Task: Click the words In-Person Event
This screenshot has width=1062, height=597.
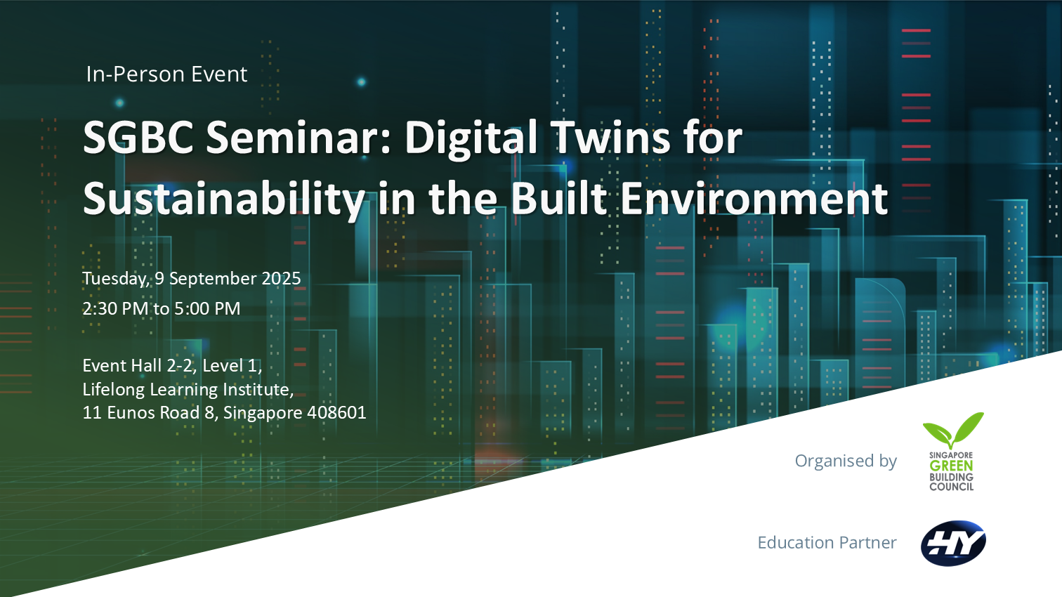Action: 166,74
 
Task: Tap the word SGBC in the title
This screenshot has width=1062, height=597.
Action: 138,138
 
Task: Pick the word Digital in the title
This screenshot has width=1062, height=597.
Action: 471,138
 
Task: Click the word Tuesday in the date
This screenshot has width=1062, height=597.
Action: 116,279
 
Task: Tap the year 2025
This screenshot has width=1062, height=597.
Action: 281,278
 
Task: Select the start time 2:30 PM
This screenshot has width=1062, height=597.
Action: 115,309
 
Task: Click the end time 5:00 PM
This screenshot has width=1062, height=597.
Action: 207,309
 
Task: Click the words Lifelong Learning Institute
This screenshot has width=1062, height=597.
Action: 188,389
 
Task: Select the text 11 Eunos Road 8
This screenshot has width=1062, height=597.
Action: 148,412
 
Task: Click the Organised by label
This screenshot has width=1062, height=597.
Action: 846,461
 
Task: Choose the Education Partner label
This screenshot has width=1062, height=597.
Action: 827,542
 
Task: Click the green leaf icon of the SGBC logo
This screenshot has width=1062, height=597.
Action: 953,430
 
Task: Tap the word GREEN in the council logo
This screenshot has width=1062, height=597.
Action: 951,466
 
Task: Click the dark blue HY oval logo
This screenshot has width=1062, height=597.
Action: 953,544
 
